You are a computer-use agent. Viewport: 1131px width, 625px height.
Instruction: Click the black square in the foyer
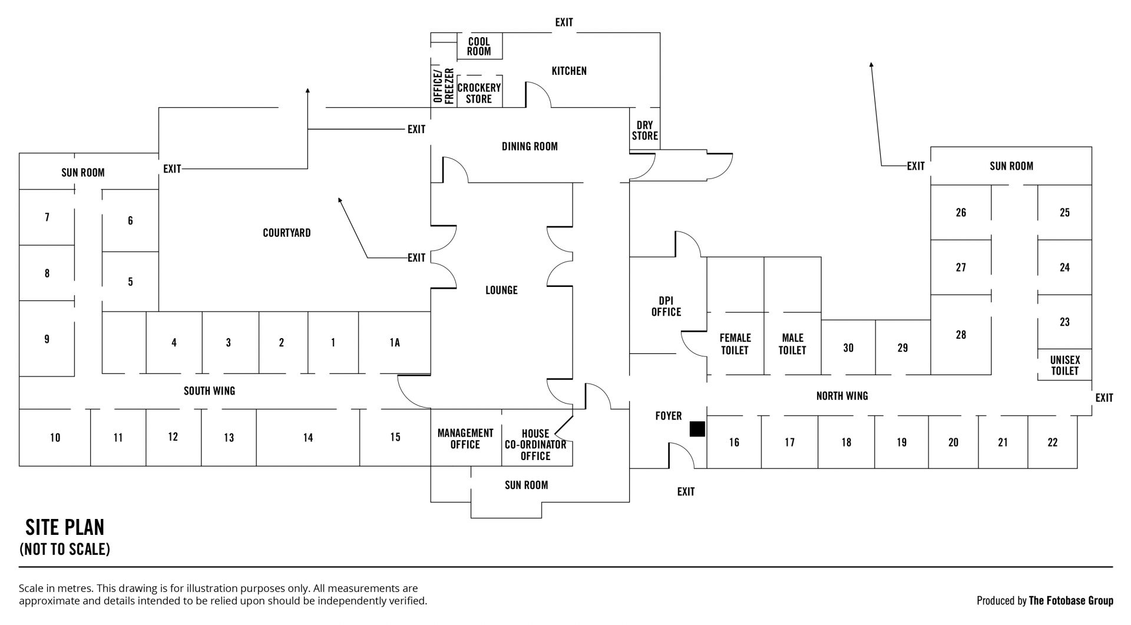pyautogui.click(x=697, y=429)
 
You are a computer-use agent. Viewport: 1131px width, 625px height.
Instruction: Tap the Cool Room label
pyautogui.click(x=479, y=47)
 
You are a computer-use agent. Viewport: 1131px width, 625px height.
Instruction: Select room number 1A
pyautogui.click(x=395, y=343)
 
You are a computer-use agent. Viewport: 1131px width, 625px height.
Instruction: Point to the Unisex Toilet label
pyautogui.click(x=1064, y=365)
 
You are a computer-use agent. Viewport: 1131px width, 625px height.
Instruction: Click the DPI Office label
pyautogui.click(x=666, y=306)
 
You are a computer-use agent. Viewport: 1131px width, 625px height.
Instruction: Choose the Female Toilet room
pyautogui.click(x=735, y=344)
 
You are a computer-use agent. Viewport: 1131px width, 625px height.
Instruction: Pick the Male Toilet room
pyautogui.click(x=792, y=344)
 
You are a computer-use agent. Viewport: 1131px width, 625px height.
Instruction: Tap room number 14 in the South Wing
pyautogui.click(x=308, y=438)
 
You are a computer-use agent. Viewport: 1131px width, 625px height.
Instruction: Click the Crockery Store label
pyautogui.click(x=479, y=93)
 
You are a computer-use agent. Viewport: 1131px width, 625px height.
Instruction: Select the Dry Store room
pyautogui.click(x=644, y=131)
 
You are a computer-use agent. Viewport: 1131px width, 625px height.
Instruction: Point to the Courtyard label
pyautogui.click(x=286, y=233)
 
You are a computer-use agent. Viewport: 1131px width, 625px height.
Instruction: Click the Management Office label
pyautogui.click(x=465, y=439)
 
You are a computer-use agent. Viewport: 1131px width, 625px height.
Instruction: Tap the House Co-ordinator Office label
pyautogui.click(x=535, y=445)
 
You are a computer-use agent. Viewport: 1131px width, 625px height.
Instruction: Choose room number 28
pyautogui.click(x=961, y=335)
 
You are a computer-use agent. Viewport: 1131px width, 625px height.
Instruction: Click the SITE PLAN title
pyautogui.click(x=65, y=527)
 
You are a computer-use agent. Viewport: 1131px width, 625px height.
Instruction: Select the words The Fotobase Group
pyautogui.click(x=1071, y=601)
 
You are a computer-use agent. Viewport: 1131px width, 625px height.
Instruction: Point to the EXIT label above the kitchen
pyautogui.click(x=564, y=22)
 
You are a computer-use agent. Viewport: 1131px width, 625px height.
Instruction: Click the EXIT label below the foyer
pyautogui.click(x=686, y=492)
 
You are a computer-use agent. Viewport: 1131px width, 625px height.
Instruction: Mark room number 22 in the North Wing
pyautogui.click(x=1052, y=442)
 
